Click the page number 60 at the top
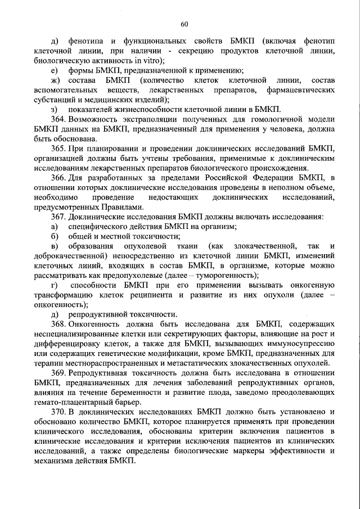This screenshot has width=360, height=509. tap(184, 23)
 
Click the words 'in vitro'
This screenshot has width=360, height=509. tap(147, 61)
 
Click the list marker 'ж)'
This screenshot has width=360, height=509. tap(55, 80)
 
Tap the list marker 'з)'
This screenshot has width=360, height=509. tap(53, 110)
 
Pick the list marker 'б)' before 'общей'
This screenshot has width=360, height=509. tap(54, 236)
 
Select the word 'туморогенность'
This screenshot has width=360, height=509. tap(227, 276)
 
